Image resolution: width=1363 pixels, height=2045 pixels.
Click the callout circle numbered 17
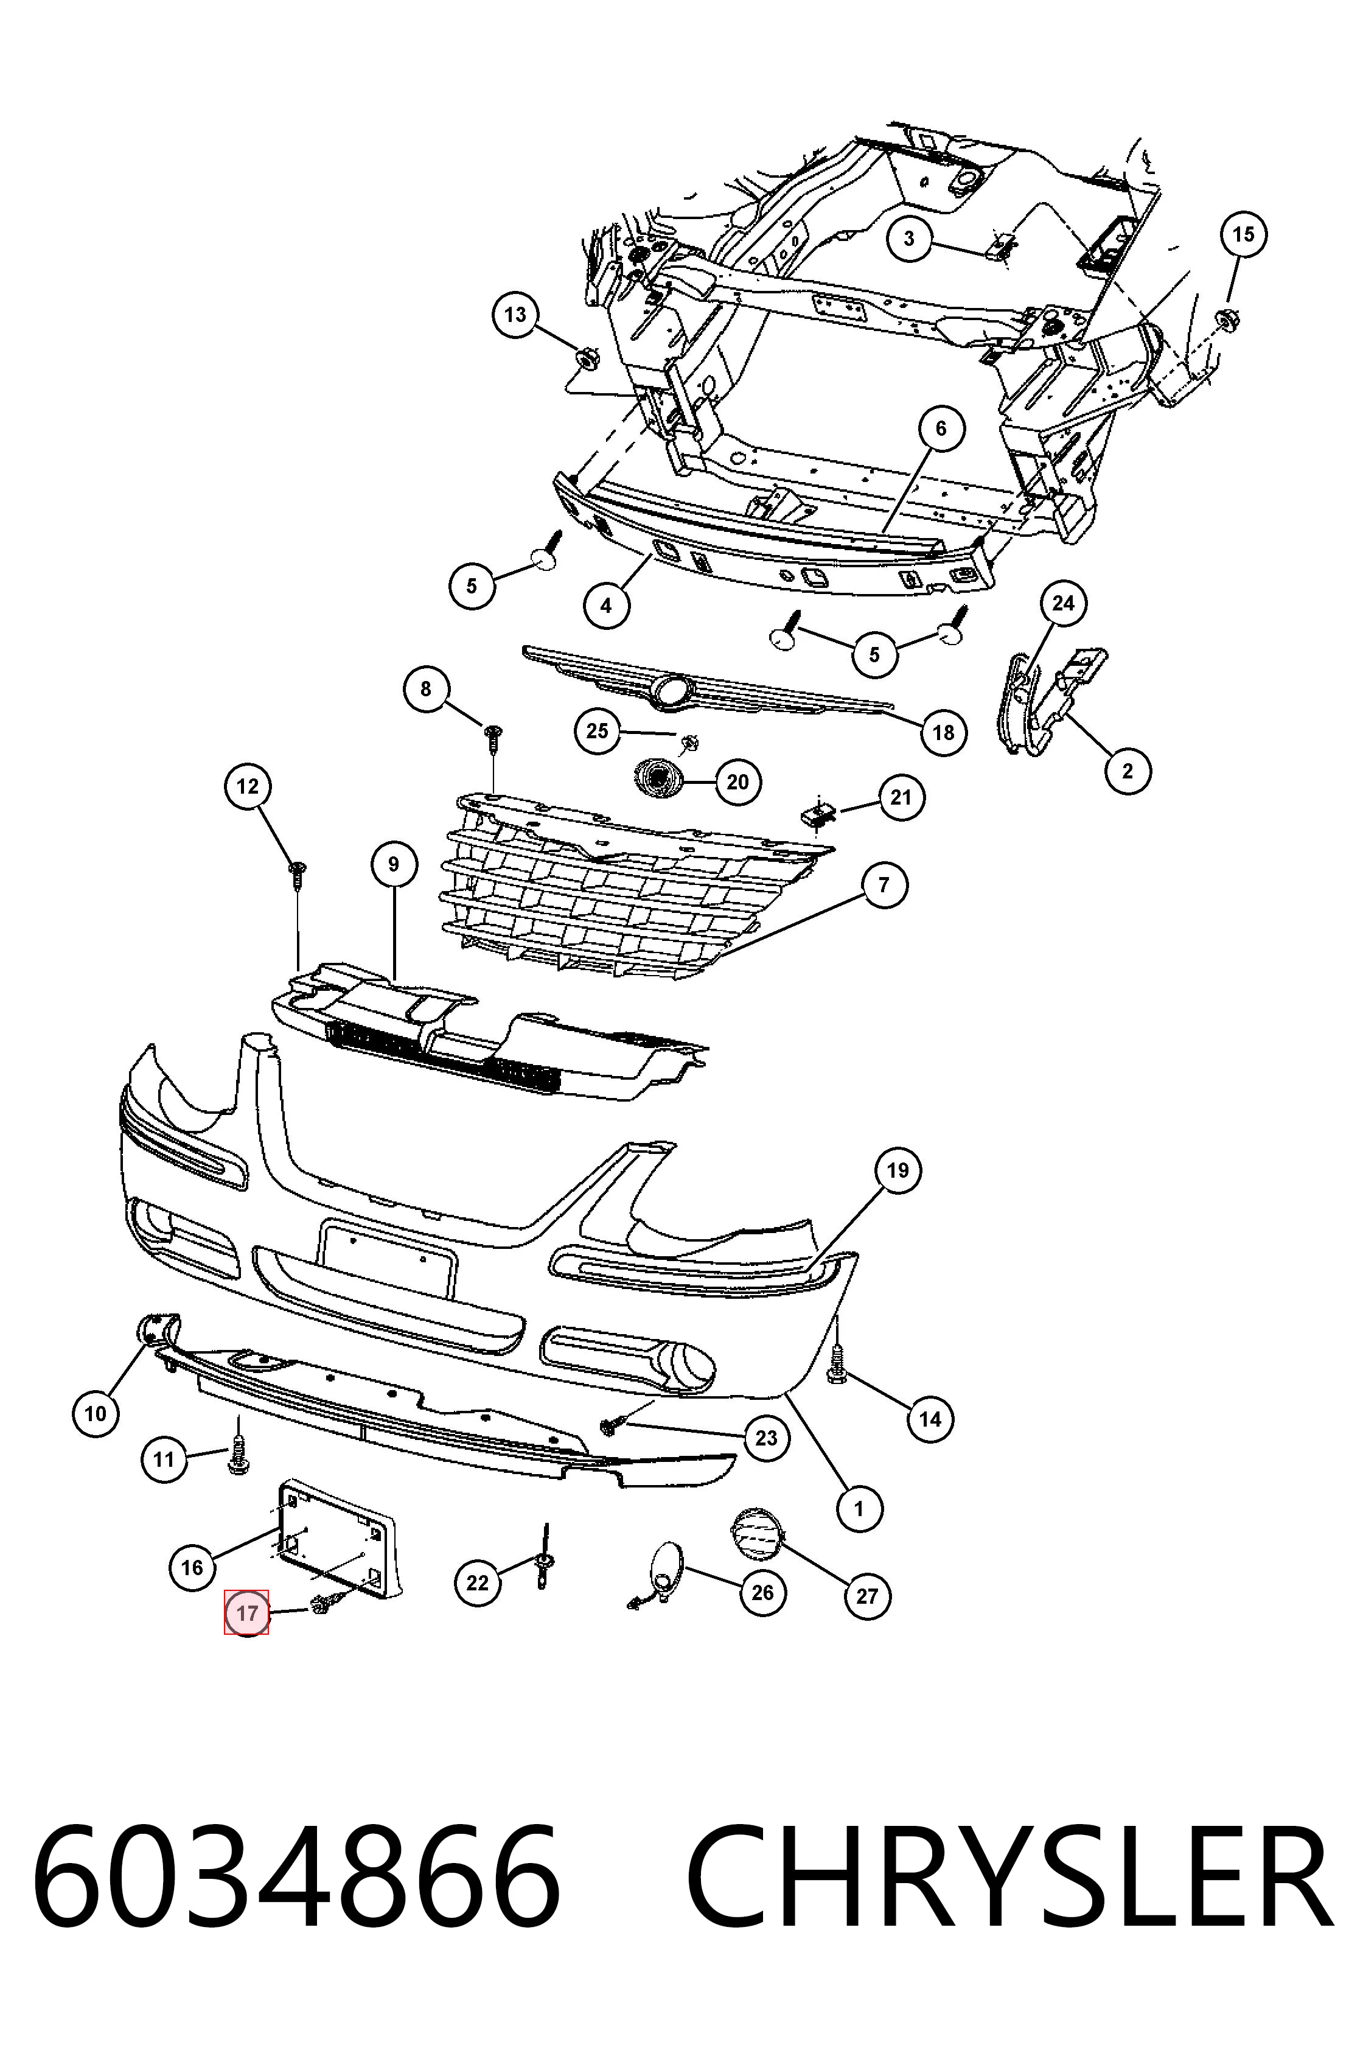click(247, 1613)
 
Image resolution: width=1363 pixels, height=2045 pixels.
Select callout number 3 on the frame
click(909, 237)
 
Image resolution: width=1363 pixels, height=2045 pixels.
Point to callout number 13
click(515, 314)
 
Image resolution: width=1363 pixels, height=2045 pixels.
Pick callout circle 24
click(1064, 603)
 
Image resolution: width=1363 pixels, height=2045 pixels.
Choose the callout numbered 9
click(394, 864)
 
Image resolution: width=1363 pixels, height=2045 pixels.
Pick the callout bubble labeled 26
click(762, 1592)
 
